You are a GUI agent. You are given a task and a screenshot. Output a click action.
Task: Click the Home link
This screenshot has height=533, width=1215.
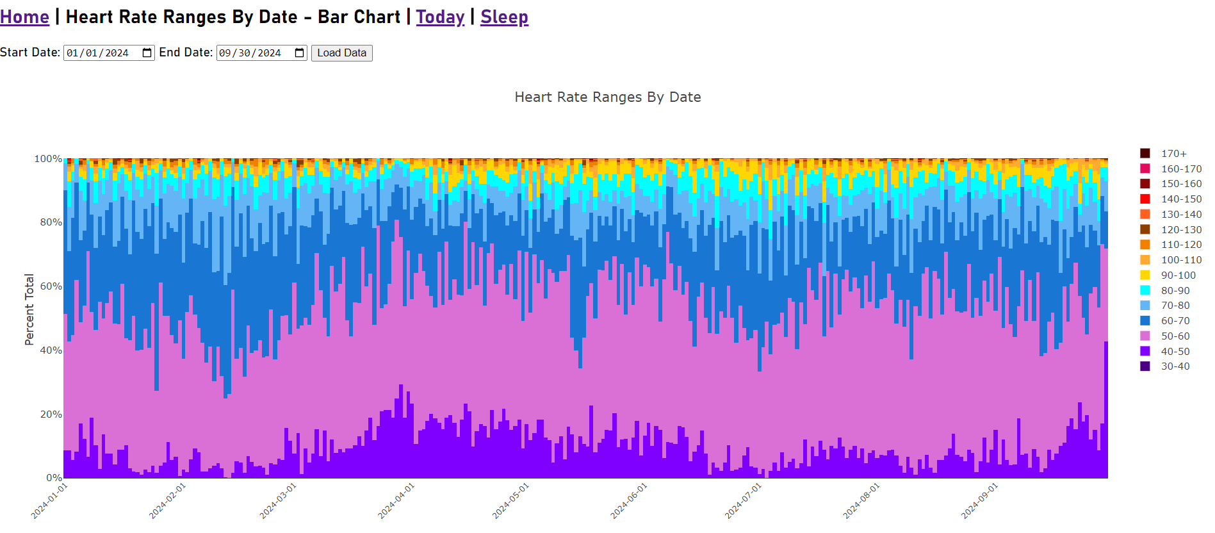tap(24, 17)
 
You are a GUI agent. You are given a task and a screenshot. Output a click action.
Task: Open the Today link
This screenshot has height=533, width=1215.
tap(440, 17)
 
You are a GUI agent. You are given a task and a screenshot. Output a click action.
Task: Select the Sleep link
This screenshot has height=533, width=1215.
tap(504, 17)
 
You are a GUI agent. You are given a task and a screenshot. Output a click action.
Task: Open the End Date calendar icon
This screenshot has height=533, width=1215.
tap(299, 53)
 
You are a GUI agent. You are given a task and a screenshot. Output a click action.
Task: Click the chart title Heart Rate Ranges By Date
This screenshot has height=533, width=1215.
tap(607, 97)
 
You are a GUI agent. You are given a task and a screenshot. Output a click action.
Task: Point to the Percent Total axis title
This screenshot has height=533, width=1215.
tap(29, 309)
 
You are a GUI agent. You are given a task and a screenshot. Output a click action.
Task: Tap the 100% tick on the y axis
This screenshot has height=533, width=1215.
tap(48, 159)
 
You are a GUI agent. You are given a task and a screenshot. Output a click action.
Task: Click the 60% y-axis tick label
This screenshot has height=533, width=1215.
tap(51, 286)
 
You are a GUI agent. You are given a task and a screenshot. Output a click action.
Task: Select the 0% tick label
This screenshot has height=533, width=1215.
tap(54, 478)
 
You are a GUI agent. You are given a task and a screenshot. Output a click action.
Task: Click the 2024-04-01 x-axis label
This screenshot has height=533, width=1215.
tap(396, 500)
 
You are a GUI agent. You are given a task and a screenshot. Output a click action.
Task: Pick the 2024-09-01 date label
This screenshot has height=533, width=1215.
tap(980, 500)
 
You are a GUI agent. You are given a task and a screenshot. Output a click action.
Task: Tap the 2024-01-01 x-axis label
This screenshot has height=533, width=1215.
tap(49, 500)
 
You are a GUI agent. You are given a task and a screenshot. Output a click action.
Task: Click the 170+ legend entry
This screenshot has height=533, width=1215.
tap(1173, 154)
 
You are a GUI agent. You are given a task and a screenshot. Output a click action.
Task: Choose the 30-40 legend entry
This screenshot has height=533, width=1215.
tap(1175, 366)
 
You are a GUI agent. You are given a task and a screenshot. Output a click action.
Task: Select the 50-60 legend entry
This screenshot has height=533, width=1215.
tap(1175, 336)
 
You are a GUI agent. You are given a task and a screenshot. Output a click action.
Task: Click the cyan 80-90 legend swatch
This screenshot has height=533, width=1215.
tap(1145, 291)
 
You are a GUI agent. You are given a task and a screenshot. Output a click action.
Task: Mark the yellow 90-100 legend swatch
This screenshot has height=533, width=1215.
tap(1145, 275)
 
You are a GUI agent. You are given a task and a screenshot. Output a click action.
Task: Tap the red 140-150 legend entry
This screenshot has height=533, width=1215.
tap(1181, 199)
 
